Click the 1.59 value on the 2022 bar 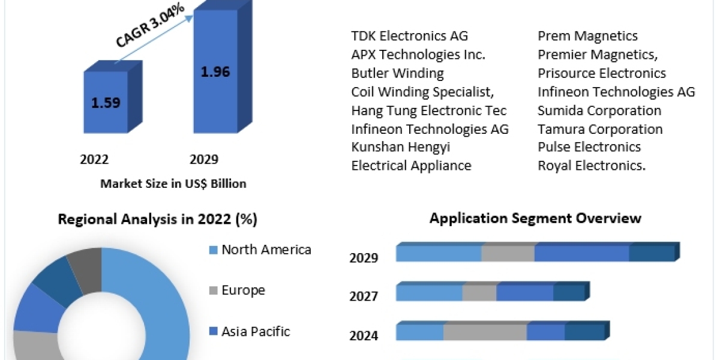click(x=106, y=102)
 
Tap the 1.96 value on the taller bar click(x=215, y=71)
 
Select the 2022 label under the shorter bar click(x=94, y=159)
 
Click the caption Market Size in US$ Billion click(x=173, y=184)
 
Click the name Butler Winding click(x=398, y=73)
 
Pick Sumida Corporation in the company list click(x=599, y=110)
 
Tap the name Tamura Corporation click(x=600, y=129)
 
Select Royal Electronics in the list click(x=592, y=166)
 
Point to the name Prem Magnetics click(x=587, y=36)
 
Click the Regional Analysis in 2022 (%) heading click(x=157, y=220)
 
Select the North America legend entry click(x=266, y=250)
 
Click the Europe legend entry click(x=243, y=290)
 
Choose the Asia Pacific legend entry click(x=256, y=331)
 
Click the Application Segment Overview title click(x=535, y=218)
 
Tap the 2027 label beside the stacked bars click(x=364, y=296)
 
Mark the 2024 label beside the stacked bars click(x=364, y=335)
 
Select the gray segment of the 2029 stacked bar click(x=508, y=253)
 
